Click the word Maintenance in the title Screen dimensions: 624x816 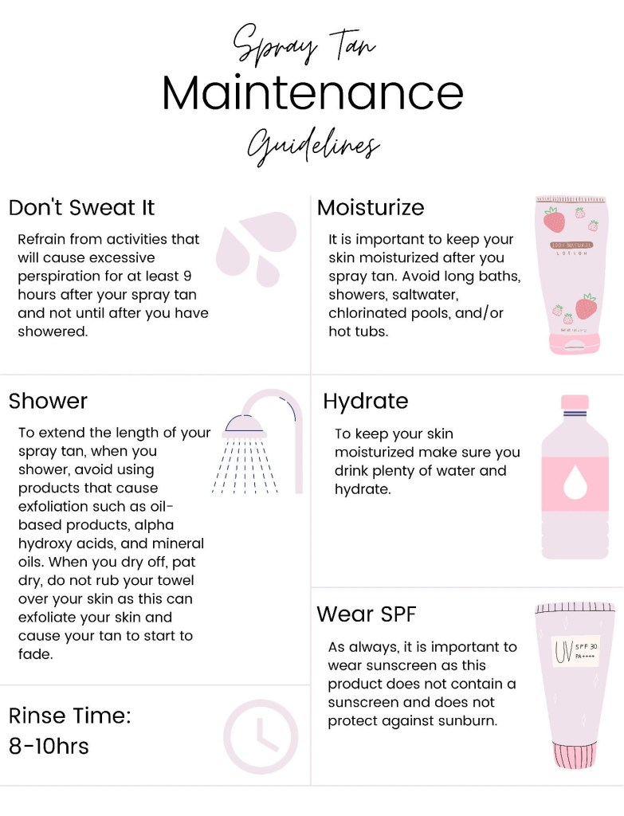point(312,92)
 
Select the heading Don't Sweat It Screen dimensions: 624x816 point(82,207)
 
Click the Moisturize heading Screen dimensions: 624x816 point(371,207)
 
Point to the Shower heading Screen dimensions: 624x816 point(48,401)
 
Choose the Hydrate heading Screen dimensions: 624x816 point(365,402)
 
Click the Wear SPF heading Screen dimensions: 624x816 point(367,614)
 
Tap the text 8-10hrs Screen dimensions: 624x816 point(49,746)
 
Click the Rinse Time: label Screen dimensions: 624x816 point(70,716)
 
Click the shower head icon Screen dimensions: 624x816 point(245,425)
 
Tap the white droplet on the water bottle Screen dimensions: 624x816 point(575,482)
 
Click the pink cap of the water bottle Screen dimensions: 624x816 point(575,402)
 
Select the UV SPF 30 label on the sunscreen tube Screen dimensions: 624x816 point(575,651)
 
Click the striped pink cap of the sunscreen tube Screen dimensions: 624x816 point(574,755)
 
